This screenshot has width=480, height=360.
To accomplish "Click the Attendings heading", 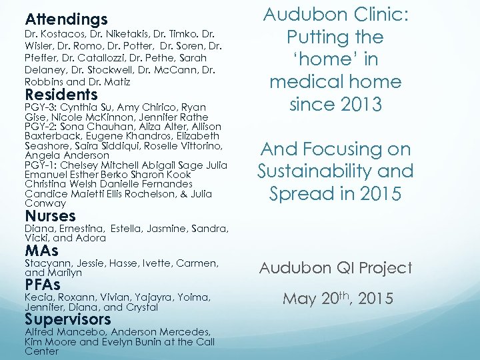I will click(66, 19).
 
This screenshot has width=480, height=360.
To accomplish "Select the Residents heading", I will click(61, 95).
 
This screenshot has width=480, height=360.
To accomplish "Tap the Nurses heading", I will click(50, 216).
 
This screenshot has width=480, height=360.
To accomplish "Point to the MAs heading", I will click(41, 251).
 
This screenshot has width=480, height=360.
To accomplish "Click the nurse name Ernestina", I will click(81, 229).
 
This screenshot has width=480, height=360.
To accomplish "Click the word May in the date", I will click(298, 298).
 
